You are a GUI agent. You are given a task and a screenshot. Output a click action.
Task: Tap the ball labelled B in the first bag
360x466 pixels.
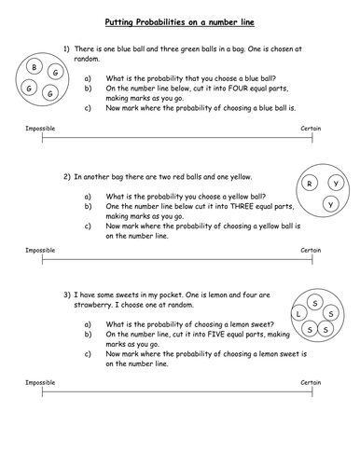tap(34, 67)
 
